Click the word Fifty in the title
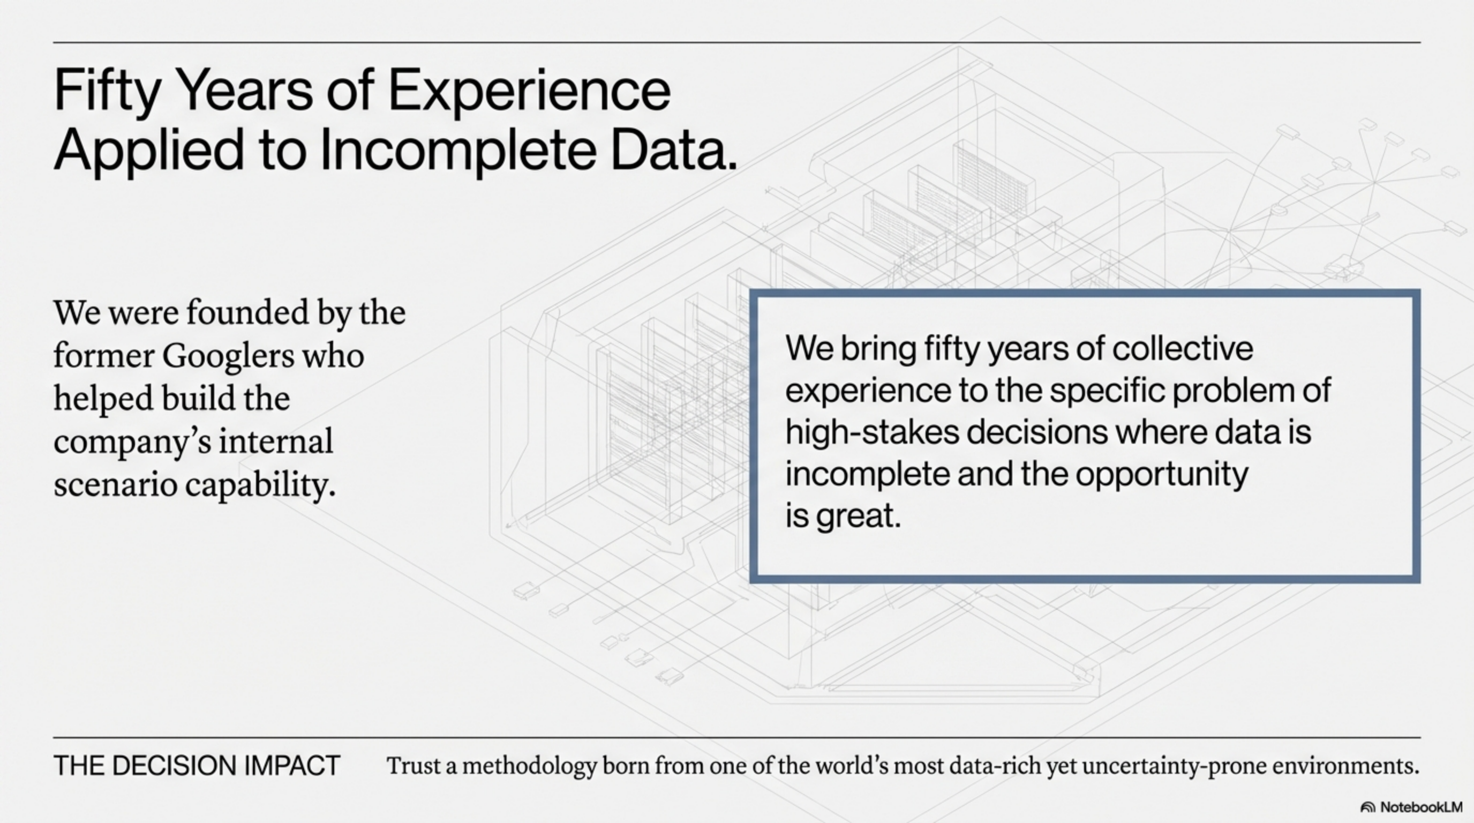pyautogui.click(x=107, y=91)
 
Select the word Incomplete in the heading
pyautogui.click(x=457, y=150)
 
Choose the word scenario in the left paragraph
pyautogui.click(x=115, y=485)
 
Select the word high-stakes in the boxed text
pyautogui.click(x=872, y=432)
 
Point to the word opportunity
pyautogui.click(x=1162, y=474)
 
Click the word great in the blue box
pyautogui.click(x=858, y=516)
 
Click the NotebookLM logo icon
pyautogui.click(x=1367, y=807)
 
